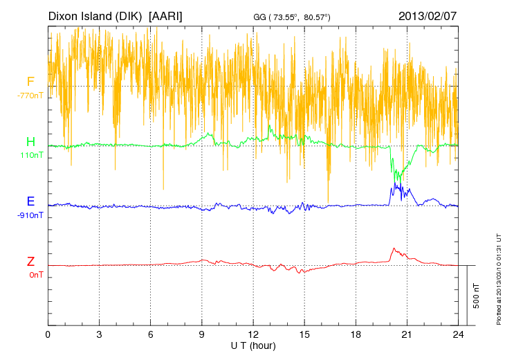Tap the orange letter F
pos(30,82)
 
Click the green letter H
pos(30,142)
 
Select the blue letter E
pos(30,202)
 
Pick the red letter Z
pos(30,262)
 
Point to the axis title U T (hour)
pos(253,345)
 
